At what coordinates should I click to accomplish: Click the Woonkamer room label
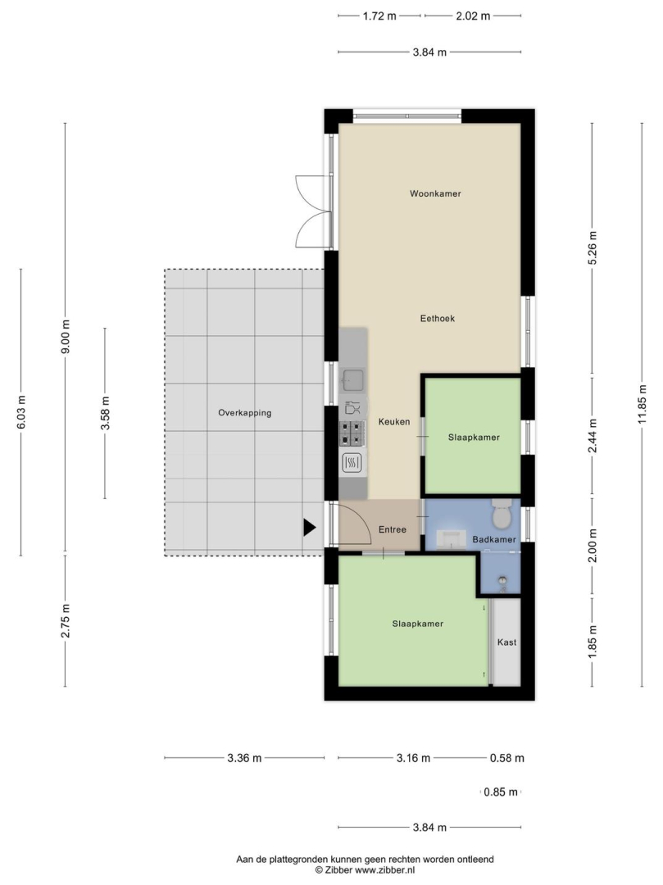coord(435,193)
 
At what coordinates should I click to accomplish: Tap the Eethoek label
coord(438,318)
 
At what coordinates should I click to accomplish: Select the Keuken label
coord(394,422)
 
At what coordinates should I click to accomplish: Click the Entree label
coord(393,529)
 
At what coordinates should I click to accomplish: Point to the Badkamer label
coord(494,539)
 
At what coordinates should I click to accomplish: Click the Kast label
coord(506,642)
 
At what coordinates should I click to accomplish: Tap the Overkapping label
coord(245,412)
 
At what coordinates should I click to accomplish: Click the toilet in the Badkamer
coord(501,512)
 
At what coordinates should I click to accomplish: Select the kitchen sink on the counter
coord(352,380)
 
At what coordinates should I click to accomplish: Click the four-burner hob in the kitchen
coord(352,433)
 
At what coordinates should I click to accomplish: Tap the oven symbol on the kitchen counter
coord(352,463)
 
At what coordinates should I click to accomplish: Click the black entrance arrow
coord(310,527)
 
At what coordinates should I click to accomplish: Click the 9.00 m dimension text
coord(66,338)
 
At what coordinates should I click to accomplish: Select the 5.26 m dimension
coord(592,247)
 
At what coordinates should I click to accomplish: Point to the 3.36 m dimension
coord(244,758)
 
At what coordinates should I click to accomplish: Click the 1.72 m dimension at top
coord(379,16)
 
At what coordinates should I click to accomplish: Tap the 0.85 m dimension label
coord(501,792)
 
